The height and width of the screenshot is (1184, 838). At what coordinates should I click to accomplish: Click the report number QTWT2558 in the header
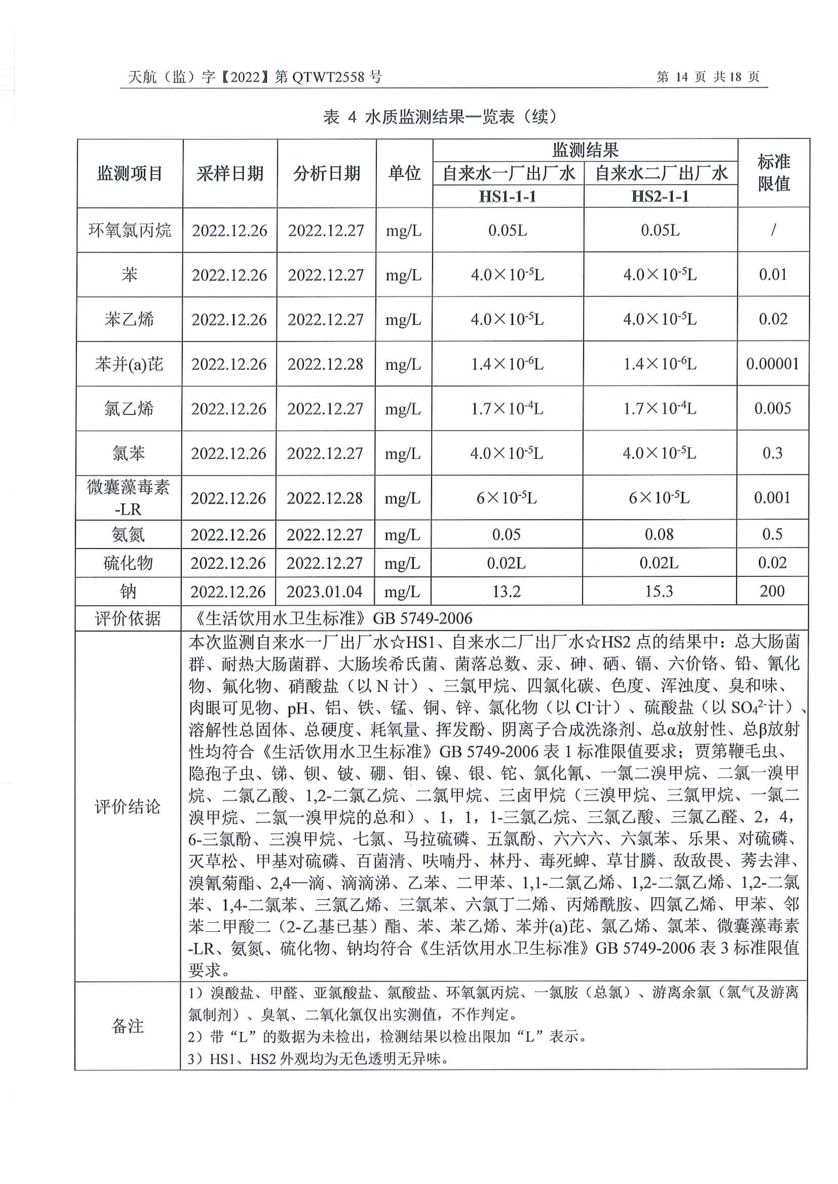(x=328, y=77)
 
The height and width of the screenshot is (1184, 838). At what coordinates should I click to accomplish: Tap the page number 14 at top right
(x=681, y=77)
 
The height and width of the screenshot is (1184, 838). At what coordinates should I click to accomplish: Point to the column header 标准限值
(x=773, y=173)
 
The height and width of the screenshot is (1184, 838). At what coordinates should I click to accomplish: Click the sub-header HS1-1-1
(x=508, y=196)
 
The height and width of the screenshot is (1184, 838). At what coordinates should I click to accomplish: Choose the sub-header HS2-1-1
(x=660, y=196)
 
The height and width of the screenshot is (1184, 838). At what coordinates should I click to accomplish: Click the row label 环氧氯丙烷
(x=129, y=230)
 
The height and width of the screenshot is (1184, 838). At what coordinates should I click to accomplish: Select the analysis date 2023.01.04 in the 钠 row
(x=325, y=591)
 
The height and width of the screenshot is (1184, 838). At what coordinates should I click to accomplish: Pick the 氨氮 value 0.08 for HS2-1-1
(x=659, y=534)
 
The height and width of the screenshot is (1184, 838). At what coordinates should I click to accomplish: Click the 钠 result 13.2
(x=506, y=591)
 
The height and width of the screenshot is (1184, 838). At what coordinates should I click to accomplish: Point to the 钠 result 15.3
(x=659, y=591)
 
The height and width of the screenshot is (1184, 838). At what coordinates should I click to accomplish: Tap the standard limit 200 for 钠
(x=772, y=591)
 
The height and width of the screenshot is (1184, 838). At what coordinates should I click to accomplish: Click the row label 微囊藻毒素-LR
(x=128, y=497)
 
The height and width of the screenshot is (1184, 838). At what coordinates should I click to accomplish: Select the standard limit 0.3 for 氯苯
(x=772, y=453)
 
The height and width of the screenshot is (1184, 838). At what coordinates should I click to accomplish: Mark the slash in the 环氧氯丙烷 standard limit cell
(x=773, y=230)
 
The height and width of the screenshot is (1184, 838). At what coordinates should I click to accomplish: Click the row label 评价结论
(x=127, y=807)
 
